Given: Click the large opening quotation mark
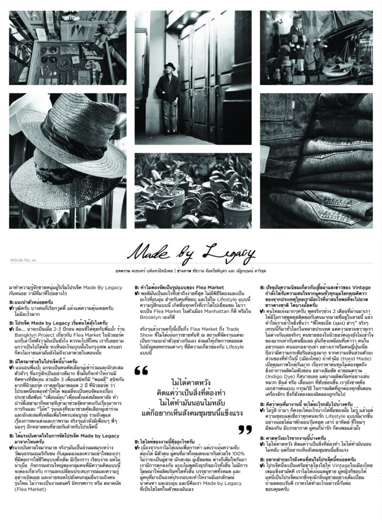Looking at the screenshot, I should point(141,356).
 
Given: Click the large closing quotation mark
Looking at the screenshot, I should point(245,430).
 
